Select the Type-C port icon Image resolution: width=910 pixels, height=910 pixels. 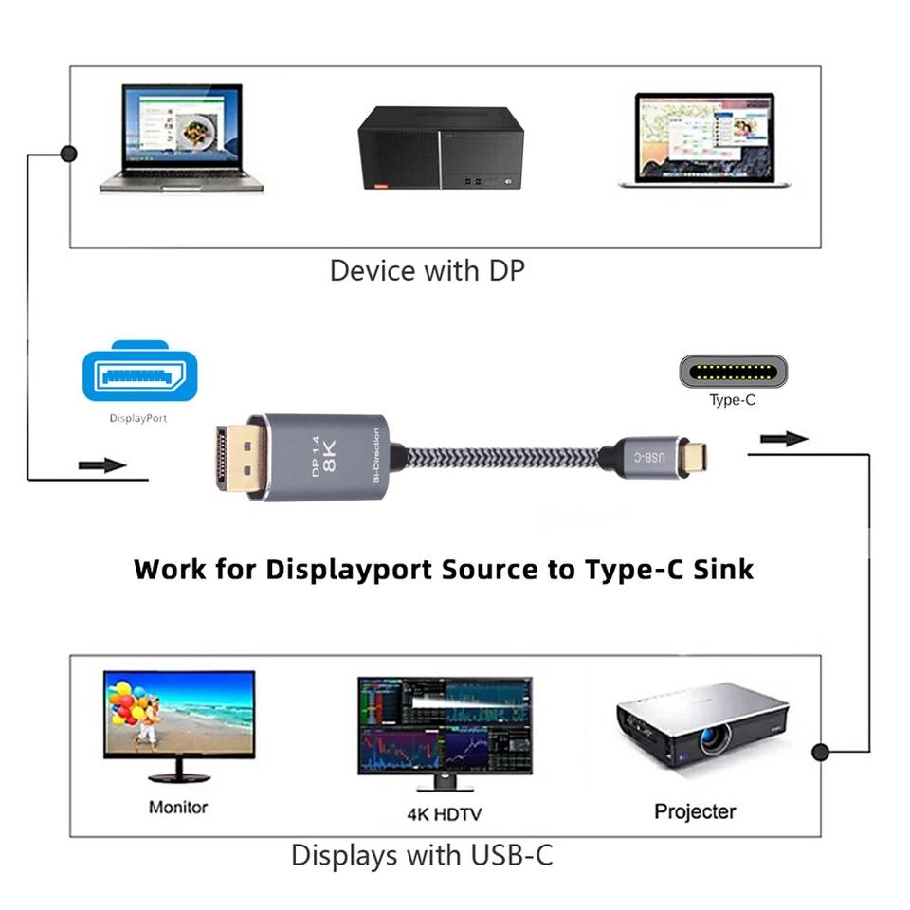[x=733, y=370]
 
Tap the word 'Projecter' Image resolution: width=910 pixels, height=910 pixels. [x=695, y=811]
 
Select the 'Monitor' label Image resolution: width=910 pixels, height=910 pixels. [x=178, y=808]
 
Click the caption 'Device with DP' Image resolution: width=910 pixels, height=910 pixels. [x=427, y=271]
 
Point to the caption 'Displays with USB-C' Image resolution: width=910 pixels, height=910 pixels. [x=422, y=856]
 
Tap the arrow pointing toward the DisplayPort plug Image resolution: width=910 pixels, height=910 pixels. [x=102, y=465]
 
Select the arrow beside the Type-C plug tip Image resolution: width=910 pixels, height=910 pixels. [x=784, y=438]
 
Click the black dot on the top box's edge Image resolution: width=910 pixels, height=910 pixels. [x=68, y=153]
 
